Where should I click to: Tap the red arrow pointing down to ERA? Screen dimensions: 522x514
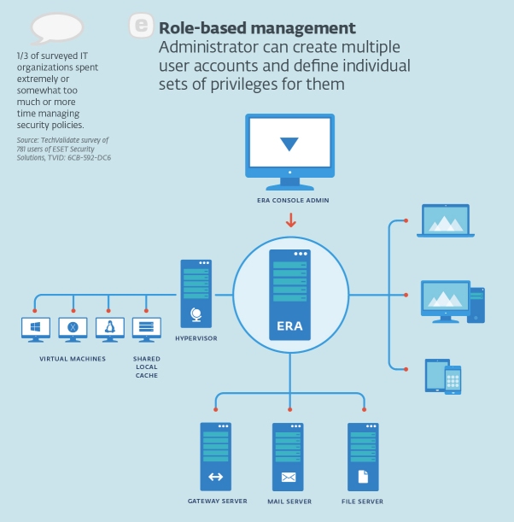point(290,220)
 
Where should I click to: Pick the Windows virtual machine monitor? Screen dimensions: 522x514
point(36,329)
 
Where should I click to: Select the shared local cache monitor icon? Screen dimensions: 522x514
point(147,329)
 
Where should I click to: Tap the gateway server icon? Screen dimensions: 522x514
point(215,456)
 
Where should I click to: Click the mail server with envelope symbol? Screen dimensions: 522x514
point(289,456)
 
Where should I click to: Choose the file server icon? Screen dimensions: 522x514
point(363,456)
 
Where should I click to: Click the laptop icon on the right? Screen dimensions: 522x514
point(447,222)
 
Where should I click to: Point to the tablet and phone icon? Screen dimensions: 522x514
point(443,377)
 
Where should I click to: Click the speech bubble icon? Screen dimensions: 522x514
point(57,29)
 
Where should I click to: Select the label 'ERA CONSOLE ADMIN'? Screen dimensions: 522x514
point(289,201)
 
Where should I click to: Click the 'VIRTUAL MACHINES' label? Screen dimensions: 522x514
point(73,359)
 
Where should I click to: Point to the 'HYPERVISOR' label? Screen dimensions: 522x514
point(196,338)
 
